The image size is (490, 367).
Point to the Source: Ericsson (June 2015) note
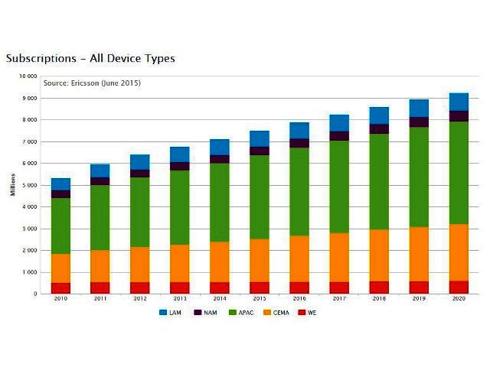[x=92, y=83]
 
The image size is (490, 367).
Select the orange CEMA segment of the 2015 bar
[x=260, y=260]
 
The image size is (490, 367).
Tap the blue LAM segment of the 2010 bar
[x=60, y=184]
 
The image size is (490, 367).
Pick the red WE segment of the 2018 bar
[x=379, y=287]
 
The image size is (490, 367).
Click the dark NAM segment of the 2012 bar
[x=140, y=174]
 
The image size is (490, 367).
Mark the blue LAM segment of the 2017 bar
[x=339, y=123]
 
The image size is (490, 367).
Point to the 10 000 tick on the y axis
[x=28, y=76]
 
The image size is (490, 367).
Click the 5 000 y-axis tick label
[x=29, y=185]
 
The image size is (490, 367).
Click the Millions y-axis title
[x=13, y=185]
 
